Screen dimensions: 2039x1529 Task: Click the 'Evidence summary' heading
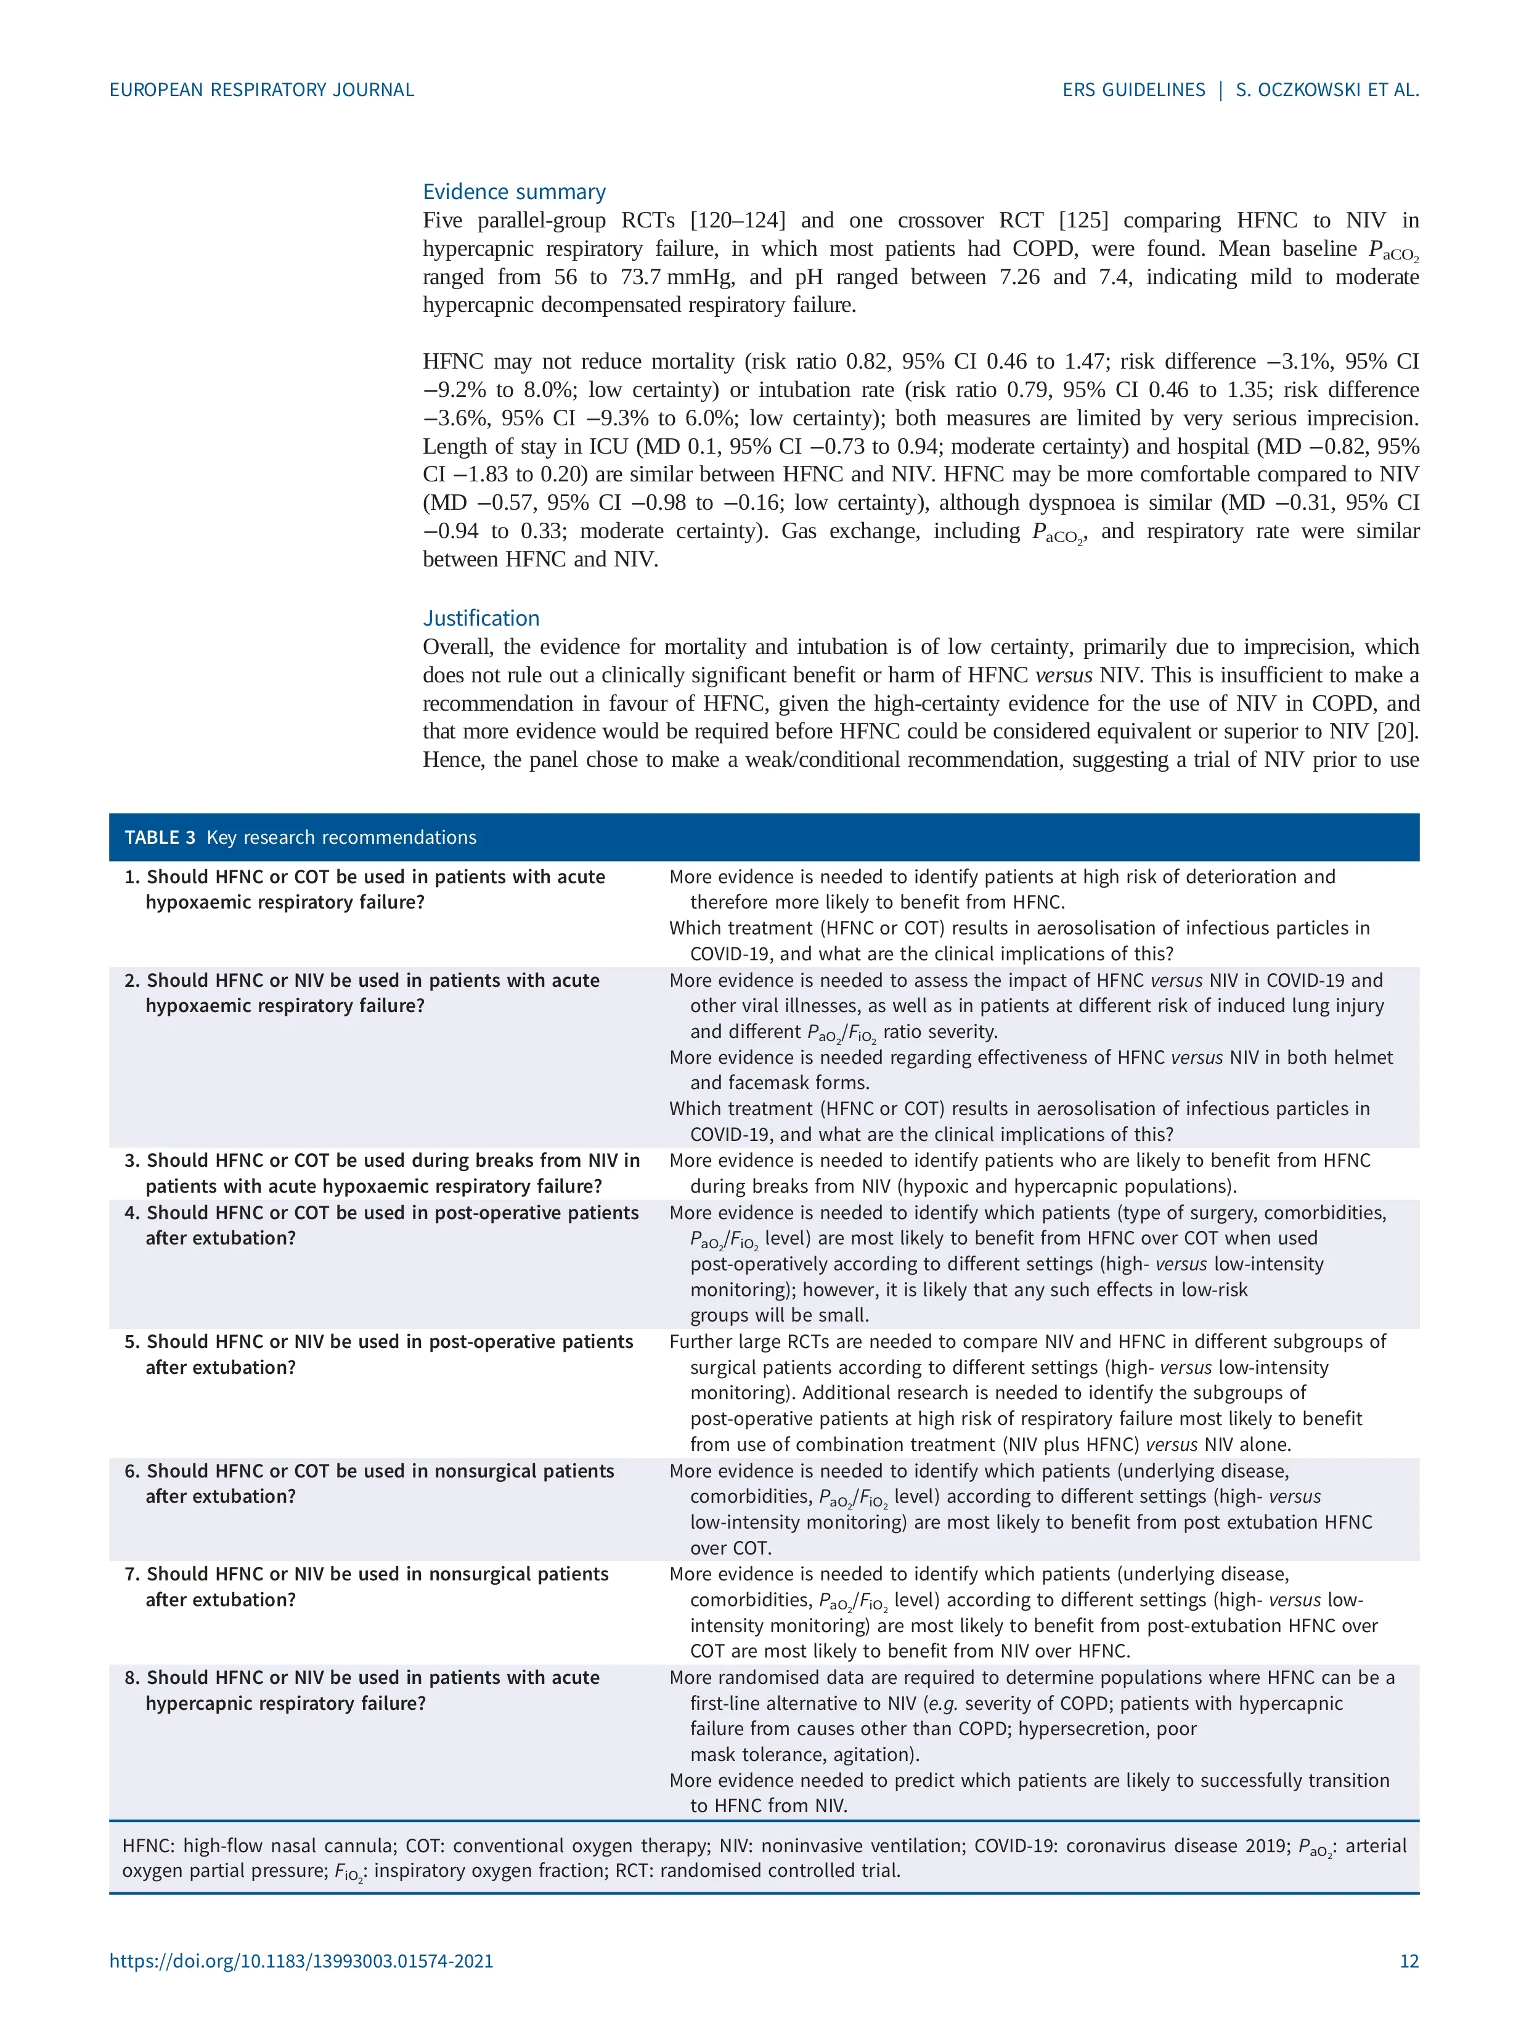(x=513, y=192)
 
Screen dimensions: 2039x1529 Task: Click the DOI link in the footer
(x=301, y=1961)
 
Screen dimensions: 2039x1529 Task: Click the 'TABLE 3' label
(x=160, y=837)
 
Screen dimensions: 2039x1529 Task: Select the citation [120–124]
(x=737, y=220)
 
